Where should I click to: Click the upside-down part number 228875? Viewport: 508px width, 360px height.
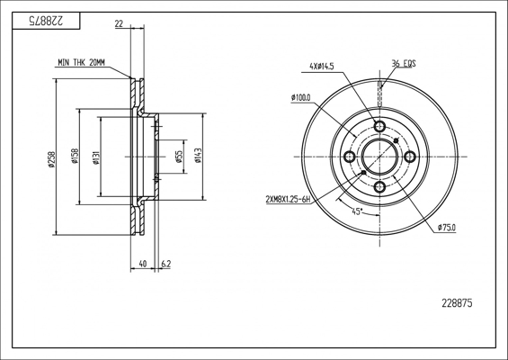[x=46, y=21]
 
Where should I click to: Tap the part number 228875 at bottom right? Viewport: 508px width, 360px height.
[x=457, y=303]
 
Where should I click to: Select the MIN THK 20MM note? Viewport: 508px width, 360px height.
[x=81, y=63]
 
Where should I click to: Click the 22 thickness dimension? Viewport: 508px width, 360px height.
[x=119, y=23]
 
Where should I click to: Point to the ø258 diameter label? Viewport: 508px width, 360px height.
[x=51, y=159]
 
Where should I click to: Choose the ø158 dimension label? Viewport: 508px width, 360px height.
[x=75, y=157]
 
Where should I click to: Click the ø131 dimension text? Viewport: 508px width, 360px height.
[x=96, y=157]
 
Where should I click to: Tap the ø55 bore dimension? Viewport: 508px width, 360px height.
[x=179, y=157]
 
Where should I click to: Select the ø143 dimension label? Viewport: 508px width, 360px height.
[x=199, y=156]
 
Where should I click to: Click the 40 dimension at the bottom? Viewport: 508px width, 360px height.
[x=143, y=264]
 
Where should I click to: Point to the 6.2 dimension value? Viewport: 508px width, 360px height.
[x=165, y=264]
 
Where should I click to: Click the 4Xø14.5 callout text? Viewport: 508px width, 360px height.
[x=322, y=67]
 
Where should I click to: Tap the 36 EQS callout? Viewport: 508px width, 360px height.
[x=404, y=63]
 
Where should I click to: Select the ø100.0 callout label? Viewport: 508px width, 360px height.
[x=301, y=97]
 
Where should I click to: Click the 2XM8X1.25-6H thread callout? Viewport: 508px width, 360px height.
[x=288, y=200]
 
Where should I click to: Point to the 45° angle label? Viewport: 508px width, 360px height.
[x=356, y=211]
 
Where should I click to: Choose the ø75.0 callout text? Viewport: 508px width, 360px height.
[x=447, y=228]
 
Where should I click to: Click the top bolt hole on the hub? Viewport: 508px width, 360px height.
[x=379, y=126]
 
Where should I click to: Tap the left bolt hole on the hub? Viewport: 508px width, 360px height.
[x=349, y=157]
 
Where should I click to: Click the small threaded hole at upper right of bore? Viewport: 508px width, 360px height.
[x=396, y=140]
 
